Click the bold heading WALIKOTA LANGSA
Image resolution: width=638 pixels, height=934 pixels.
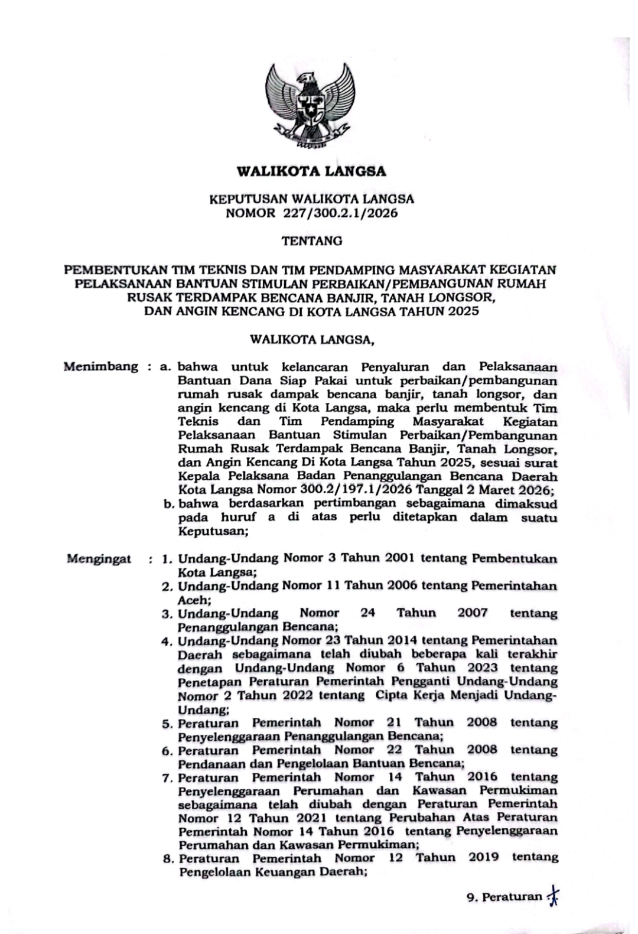pyautogui.click(x=311, y=172)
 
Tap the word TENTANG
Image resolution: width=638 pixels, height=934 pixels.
pyautogui.click(x=312, y=241)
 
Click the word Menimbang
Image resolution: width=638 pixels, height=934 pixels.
pyautogui.click(x=101, y=367)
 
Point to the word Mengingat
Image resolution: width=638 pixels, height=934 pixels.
pyautogui.click(x=99, y=558)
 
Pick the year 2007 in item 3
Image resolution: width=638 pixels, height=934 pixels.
pyautogui.click(x=473, y=613)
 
